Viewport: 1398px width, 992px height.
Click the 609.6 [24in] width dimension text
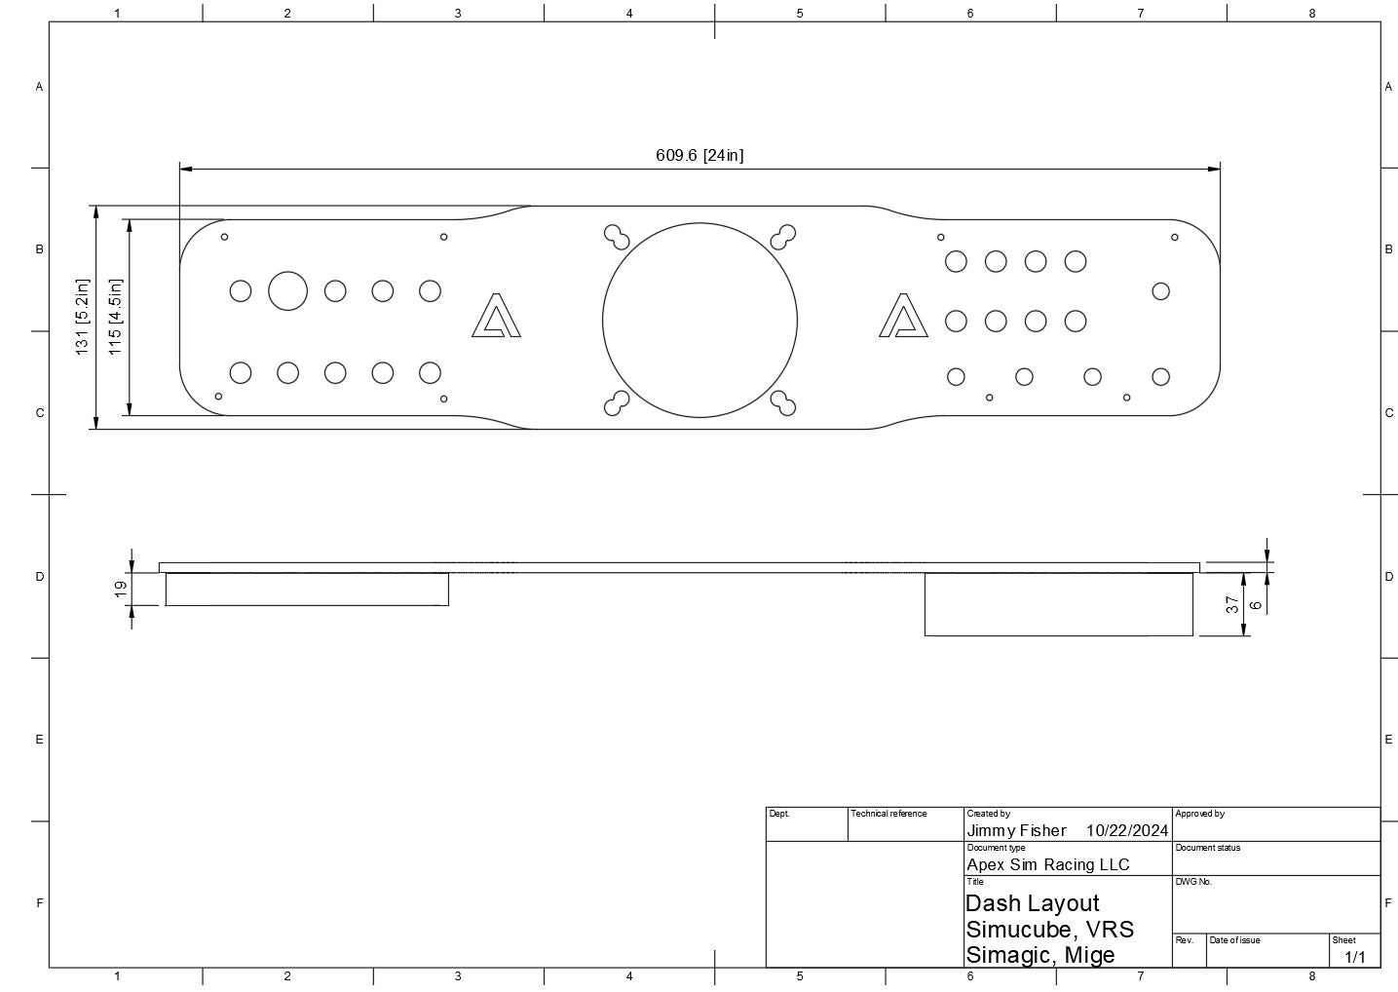click(x=699, y=155)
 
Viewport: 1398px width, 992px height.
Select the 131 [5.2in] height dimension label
click(x=83, y=317)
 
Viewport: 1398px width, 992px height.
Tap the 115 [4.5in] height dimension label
click(x=115, y=317)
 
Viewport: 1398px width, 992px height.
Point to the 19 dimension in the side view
click(x=121, y=589)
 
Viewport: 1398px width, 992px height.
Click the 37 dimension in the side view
click(x=1232, y=605)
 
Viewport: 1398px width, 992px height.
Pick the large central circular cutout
click(x=699, y=321)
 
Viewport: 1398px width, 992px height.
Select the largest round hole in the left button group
click(x=287, y=290)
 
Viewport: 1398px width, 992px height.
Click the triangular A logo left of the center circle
click(x=496, y=317)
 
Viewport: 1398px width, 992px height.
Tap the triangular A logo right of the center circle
click(x=903, y=317)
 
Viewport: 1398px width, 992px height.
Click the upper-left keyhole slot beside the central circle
click(x=616, y=237)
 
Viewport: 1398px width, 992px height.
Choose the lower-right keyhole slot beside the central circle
click(x=783, y=402)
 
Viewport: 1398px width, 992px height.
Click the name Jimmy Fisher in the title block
click(x=1016, y=830)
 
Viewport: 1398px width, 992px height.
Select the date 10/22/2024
click(x=1127, y=830)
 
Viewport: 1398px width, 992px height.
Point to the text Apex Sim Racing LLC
click(x=1047, y=864)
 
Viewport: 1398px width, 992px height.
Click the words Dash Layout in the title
click(x=1032, y=903)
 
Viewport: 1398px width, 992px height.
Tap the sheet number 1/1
click(x=1355, y=957)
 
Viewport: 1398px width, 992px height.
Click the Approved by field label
click(x=1199, y=814)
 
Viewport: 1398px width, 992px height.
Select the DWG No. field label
click(x=1193, y=882)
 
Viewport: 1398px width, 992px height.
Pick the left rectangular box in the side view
click(x=307, y=589)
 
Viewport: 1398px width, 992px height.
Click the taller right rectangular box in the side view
click(x=1058, y=604)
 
